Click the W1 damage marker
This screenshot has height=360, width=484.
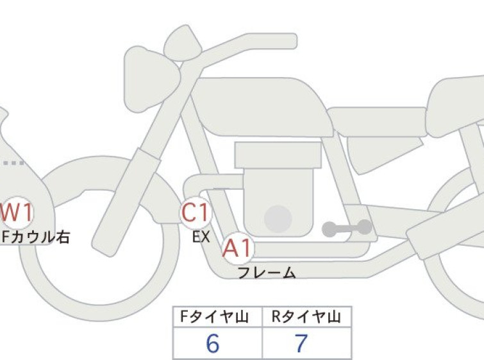(16, 212)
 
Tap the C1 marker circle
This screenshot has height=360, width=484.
(196, 212)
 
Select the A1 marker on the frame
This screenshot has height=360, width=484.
(238, 248)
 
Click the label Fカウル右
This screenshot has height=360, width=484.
(36, 237)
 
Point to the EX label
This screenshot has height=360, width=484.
(201, 237)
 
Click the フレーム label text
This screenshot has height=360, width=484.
(267, 273)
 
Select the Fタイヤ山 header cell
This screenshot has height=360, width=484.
(217, 317)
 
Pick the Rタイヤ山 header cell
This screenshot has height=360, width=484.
(307, 317)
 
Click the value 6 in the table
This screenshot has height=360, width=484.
(213, 343)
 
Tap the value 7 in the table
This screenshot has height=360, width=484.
(301, 343)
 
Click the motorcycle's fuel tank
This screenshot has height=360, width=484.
(262, 107)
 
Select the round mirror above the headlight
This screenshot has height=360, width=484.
(183, 43)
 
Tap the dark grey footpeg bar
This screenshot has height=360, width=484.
(347, 228)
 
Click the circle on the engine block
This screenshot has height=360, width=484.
(278, 219)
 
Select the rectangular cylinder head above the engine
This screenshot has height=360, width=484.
(278, 155)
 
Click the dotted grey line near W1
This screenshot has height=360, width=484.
(12, 163)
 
